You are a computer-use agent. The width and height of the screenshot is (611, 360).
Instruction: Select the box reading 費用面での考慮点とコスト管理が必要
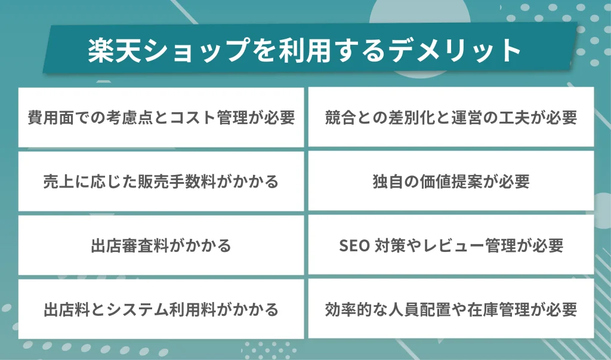[x=161, y=118]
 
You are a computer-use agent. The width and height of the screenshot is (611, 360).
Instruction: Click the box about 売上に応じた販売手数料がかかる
[x=161, y=181]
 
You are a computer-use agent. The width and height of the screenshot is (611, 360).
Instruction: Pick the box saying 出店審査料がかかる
[x=161, y=245]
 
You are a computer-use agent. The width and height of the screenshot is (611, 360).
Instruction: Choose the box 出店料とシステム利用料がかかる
[x=161, y=309]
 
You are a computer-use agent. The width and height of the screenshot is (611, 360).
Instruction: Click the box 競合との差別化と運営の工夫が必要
[x=451, y=118]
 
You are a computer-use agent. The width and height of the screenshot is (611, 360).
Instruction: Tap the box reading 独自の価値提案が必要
[x=451, y=181]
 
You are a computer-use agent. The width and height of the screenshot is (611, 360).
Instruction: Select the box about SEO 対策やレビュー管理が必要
[x=451, y=245]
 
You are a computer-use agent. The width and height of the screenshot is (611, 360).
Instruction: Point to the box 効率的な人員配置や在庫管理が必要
[x=451, y=309]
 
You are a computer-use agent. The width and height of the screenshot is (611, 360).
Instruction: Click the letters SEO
[x=354, y=245]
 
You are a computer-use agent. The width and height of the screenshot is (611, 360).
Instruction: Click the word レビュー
[x=455, y=245]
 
